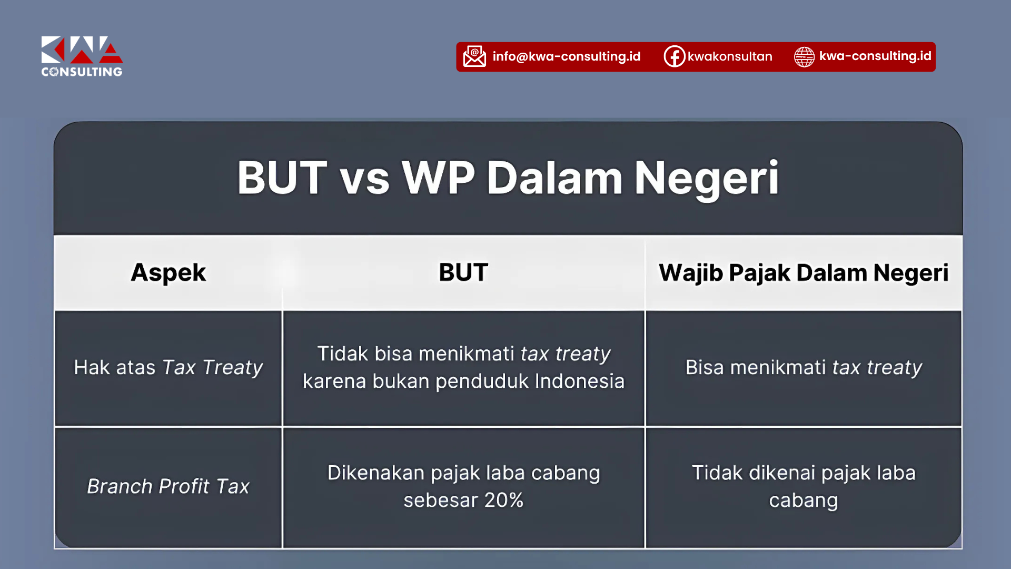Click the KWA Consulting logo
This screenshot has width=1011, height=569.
(x=82, y=56)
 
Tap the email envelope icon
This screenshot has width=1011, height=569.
(x=474, y=56)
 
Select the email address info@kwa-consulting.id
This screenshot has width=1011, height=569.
(x=567, y=56)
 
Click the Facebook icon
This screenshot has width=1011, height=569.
(x=674, y=56)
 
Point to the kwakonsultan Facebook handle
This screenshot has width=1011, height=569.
(x=730, y=56)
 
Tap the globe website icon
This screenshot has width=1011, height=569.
(x=804, y=57)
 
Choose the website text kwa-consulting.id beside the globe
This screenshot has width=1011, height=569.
(x=875, y=56)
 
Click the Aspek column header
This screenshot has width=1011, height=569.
(x=168, y=273)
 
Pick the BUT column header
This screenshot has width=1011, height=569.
(x=463, y=272)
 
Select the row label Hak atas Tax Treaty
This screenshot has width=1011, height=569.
(x=168, y=368)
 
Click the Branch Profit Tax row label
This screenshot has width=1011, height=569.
(x=168, y=486)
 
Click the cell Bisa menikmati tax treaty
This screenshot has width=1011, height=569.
(x=804, y=368)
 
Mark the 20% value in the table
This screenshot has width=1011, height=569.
(x=504, y=500)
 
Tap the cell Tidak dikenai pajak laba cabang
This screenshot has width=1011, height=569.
(x=804, y=486)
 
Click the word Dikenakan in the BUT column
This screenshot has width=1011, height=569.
(x=376, y=473)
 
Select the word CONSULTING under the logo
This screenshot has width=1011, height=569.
(x=82, y=72)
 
